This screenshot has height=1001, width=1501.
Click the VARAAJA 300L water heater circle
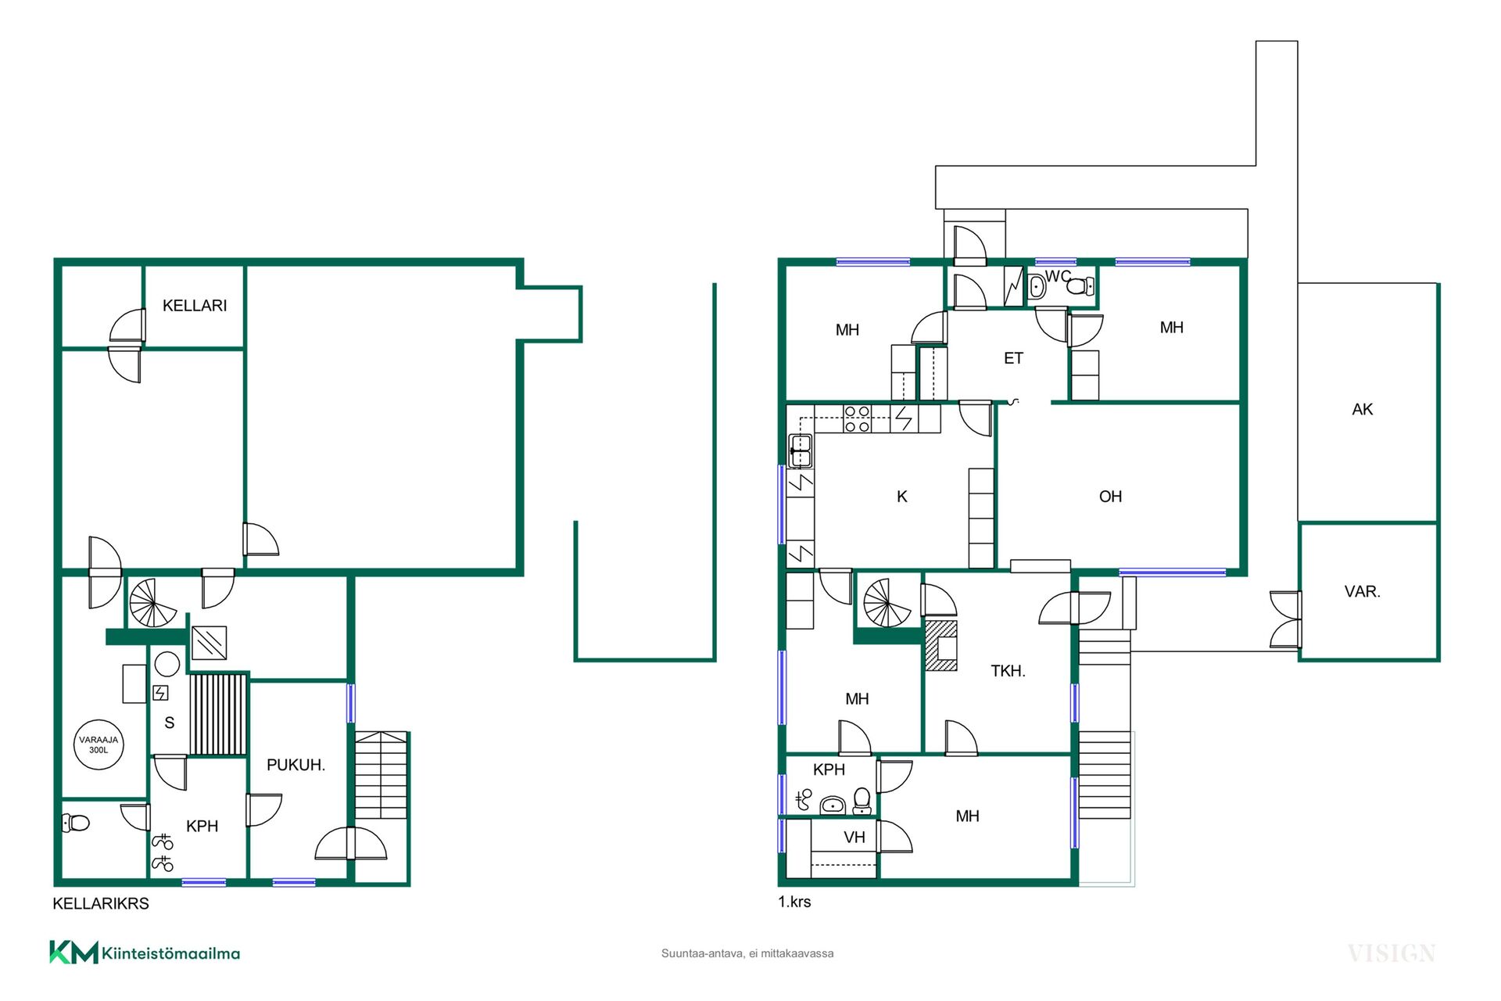click(x=99, y=744)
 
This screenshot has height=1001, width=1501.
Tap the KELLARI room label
click(x=195, y=306)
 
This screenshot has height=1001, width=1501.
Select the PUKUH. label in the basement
click(x=296, y=765)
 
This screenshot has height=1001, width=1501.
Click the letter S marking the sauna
click(x=170, y=723)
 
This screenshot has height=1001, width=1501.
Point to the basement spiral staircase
click(x=153, y=603)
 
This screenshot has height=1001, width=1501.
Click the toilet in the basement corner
click(x=76, y=823)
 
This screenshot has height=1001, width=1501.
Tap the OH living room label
click(x=1110, y=497)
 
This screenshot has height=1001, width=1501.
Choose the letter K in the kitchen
click(x=902, y=497)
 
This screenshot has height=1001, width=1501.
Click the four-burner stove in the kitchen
click(x=858, y=418)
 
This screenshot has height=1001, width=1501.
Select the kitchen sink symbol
click(x=801, y=450)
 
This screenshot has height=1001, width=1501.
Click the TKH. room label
click(x=1008, y=671)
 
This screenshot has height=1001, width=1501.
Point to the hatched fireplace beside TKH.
click(x=941, y=646)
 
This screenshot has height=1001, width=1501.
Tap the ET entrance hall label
click(x=1013, y=358)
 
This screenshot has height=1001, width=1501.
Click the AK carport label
click(x=1363, y=409)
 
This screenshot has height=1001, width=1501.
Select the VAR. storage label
click(x=1363, y=591)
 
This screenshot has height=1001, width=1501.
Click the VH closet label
click(x=854, y=838)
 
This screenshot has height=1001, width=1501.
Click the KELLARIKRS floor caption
click(x=101, y=903)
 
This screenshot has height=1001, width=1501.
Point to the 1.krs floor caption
click(x=794, y=902)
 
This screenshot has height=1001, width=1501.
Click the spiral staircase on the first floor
click(x=887, y=603)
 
